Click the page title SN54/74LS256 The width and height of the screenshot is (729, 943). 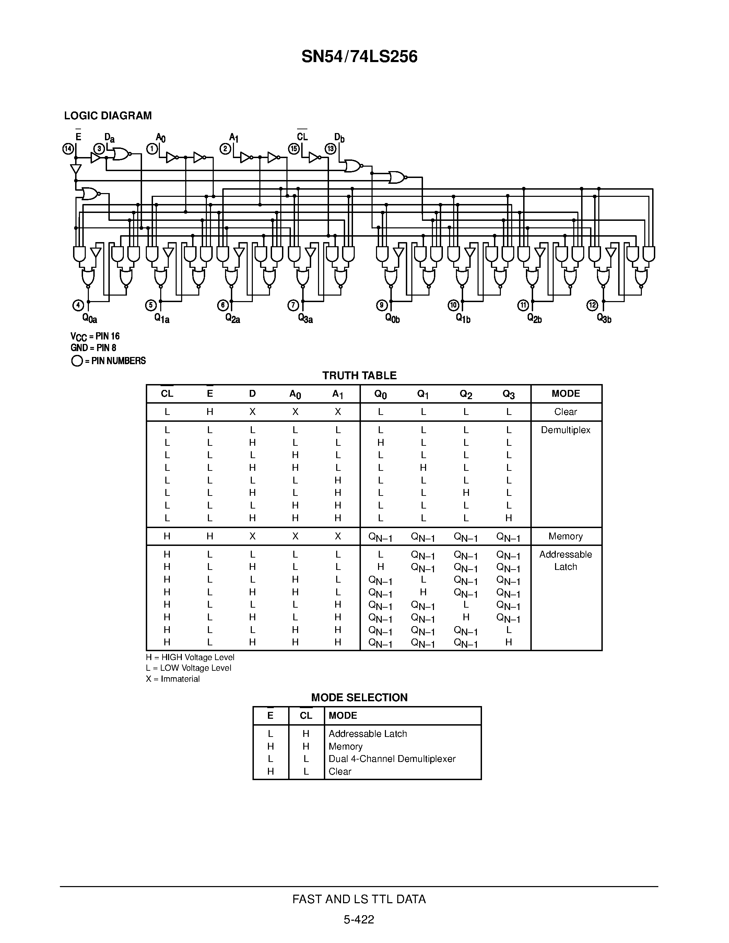[x=359, y=57]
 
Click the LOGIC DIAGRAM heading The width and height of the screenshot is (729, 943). [x=108, y=116]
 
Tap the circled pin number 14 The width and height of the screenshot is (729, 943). [x=68, y=149]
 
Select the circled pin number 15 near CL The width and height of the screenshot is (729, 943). [x=294, y=149]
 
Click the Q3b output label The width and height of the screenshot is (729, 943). [x=604, y=318]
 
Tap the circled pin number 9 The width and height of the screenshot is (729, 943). [x=382, y=305]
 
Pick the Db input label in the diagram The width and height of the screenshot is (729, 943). [x=339, y=138]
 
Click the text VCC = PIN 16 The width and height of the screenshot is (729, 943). [x=95, y=336]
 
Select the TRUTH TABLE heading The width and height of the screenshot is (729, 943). [x=359, y=375]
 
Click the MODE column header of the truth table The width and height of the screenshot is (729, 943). [x=566, y=393]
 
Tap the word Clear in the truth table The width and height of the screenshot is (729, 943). [x=565, y=412]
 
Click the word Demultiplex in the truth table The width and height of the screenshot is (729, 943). [x=565, y=430]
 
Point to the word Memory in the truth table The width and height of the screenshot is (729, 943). [x=565, y=536]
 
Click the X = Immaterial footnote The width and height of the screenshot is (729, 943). [x=173, y=679]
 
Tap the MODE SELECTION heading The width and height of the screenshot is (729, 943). [x=359, y=698]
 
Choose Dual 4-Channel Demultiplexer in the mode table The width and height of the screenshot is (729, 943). [x=392, y=759]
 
